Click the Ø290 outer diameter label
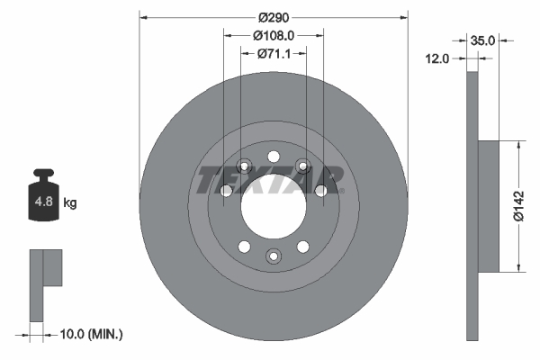(274, 18)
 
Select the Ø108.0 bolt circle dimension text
(274, 35)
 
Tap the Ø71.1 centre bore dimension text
(274, 53)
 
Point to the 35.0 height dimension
(484, 40)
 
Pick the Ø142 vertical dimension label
(518, 205)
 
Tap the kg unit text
(70, 203)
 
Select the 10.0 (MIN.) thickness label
(89, 334)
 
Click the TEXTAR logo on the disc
(268, 180)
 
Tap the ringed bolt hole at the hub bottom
(274, 257)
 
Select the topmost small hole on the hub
(274, 154)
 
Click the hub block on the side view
(487, 205)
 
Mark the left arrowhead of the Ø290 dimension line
(143, 18)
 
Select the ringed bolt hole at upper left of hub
(244, 166)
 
